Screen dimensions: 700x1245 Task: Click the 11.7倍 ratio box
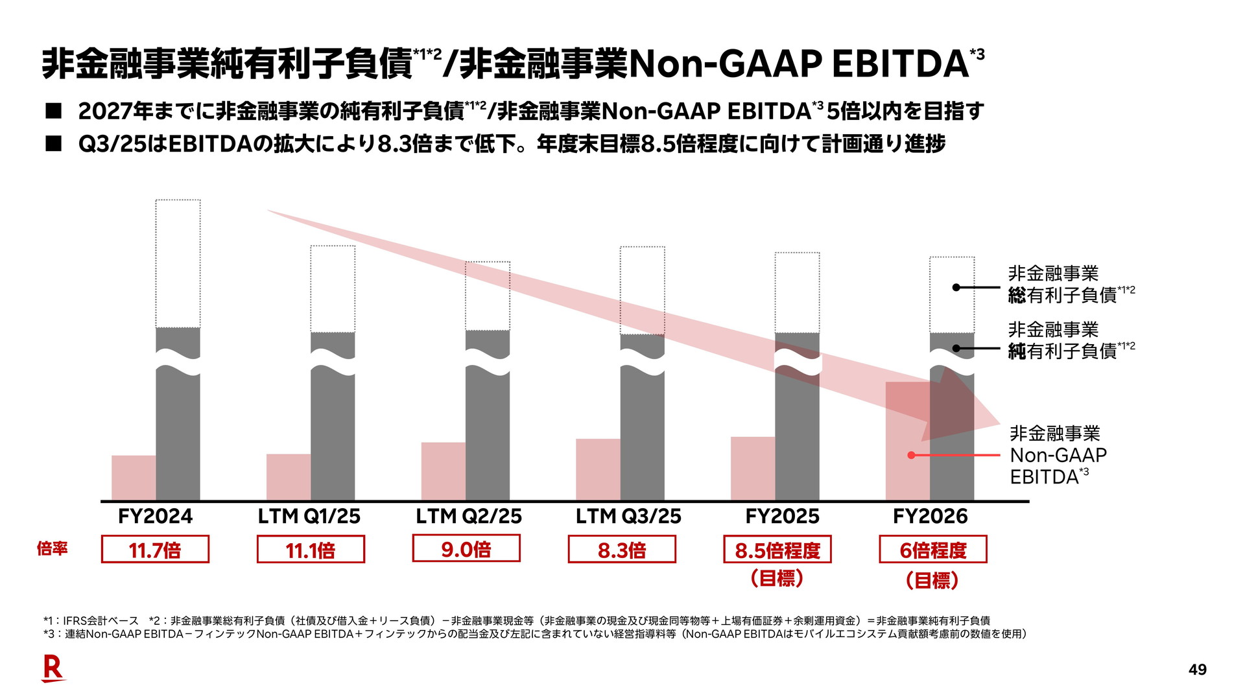point(155,550)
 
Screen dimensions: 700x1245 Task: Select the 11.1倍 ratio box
point(311,550)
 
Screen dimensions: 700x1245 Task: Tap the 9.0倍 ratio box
point(466,548)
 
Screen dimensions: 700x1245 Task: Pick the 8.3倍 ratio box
point(622,550)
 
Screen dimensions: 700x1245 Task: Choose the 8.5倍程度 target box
point(777,550)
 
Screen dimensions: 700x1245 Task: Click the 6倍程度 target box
point(932,550)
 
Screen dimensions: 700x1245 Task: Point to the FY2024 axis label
point(155,517)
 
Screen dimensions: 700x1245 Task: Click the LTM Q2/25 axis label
point(469,517)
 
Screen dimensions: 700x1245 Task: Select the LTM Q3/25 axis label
point(628,517)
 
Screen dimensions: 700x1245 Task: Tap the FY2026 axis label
point(930,517)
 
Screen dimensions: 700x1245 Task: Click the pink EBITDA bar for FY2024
point(134,478)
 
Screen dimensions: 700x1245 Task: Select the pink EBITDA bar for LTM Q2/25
point(444,471)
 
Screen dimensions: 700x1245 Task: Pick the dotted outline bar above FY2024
point(178,264)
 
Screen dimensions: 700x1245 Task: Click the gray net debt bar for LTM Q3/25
point(642,441)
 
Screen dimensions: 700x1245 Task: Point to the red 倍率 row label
point(53,549)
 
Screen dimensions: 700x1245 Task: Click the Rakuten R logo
point(53,668)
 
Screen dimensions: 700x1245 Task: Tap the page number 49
point(1197,670)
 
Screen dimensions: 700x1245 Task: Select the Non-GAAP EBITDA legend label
point(1058,455)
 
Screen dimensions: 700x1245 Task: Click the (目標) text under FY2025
point(777,578)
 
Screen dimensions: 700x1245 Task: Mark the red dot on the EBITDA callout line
point(911,456)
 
